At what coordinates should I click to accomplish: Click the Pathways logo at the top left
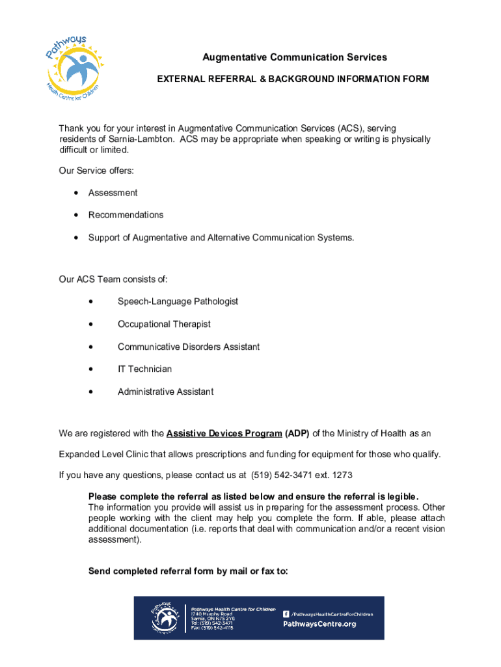tap(75, 64)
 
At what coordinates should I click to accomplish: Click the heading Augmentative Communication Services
tap(295, 57)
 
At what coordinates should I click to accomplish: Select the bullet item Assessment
tap(113, 193)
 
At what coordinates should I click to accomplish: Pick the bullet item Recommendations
tap(126, 215)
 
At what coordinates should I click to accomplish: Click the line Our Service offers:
tap(96, 171)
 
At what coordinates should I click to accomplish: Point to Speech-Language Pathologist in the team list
tap(178, 302)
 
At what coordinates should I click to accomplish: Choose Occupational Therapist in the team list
tap(164, 324)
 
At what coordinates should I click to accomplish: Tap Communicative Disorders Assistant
tap(189, 347)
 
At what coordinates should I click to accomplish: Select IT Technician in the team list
tap(144, 369)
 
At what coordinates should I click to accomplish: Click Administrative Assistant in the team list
tap(165, 392)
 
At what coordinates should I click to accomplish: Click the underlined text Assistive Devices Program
tap(224, 434)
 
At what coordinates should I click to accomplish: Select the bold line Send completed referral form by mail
tap(188, 571)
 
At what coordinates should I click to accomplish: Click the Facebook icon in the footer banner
tap(286, 614)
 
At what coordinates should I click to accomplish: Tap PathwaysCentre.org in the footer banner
tap(319, 624)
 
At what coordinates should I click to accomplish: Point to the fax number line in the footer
tap(211, 628)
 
